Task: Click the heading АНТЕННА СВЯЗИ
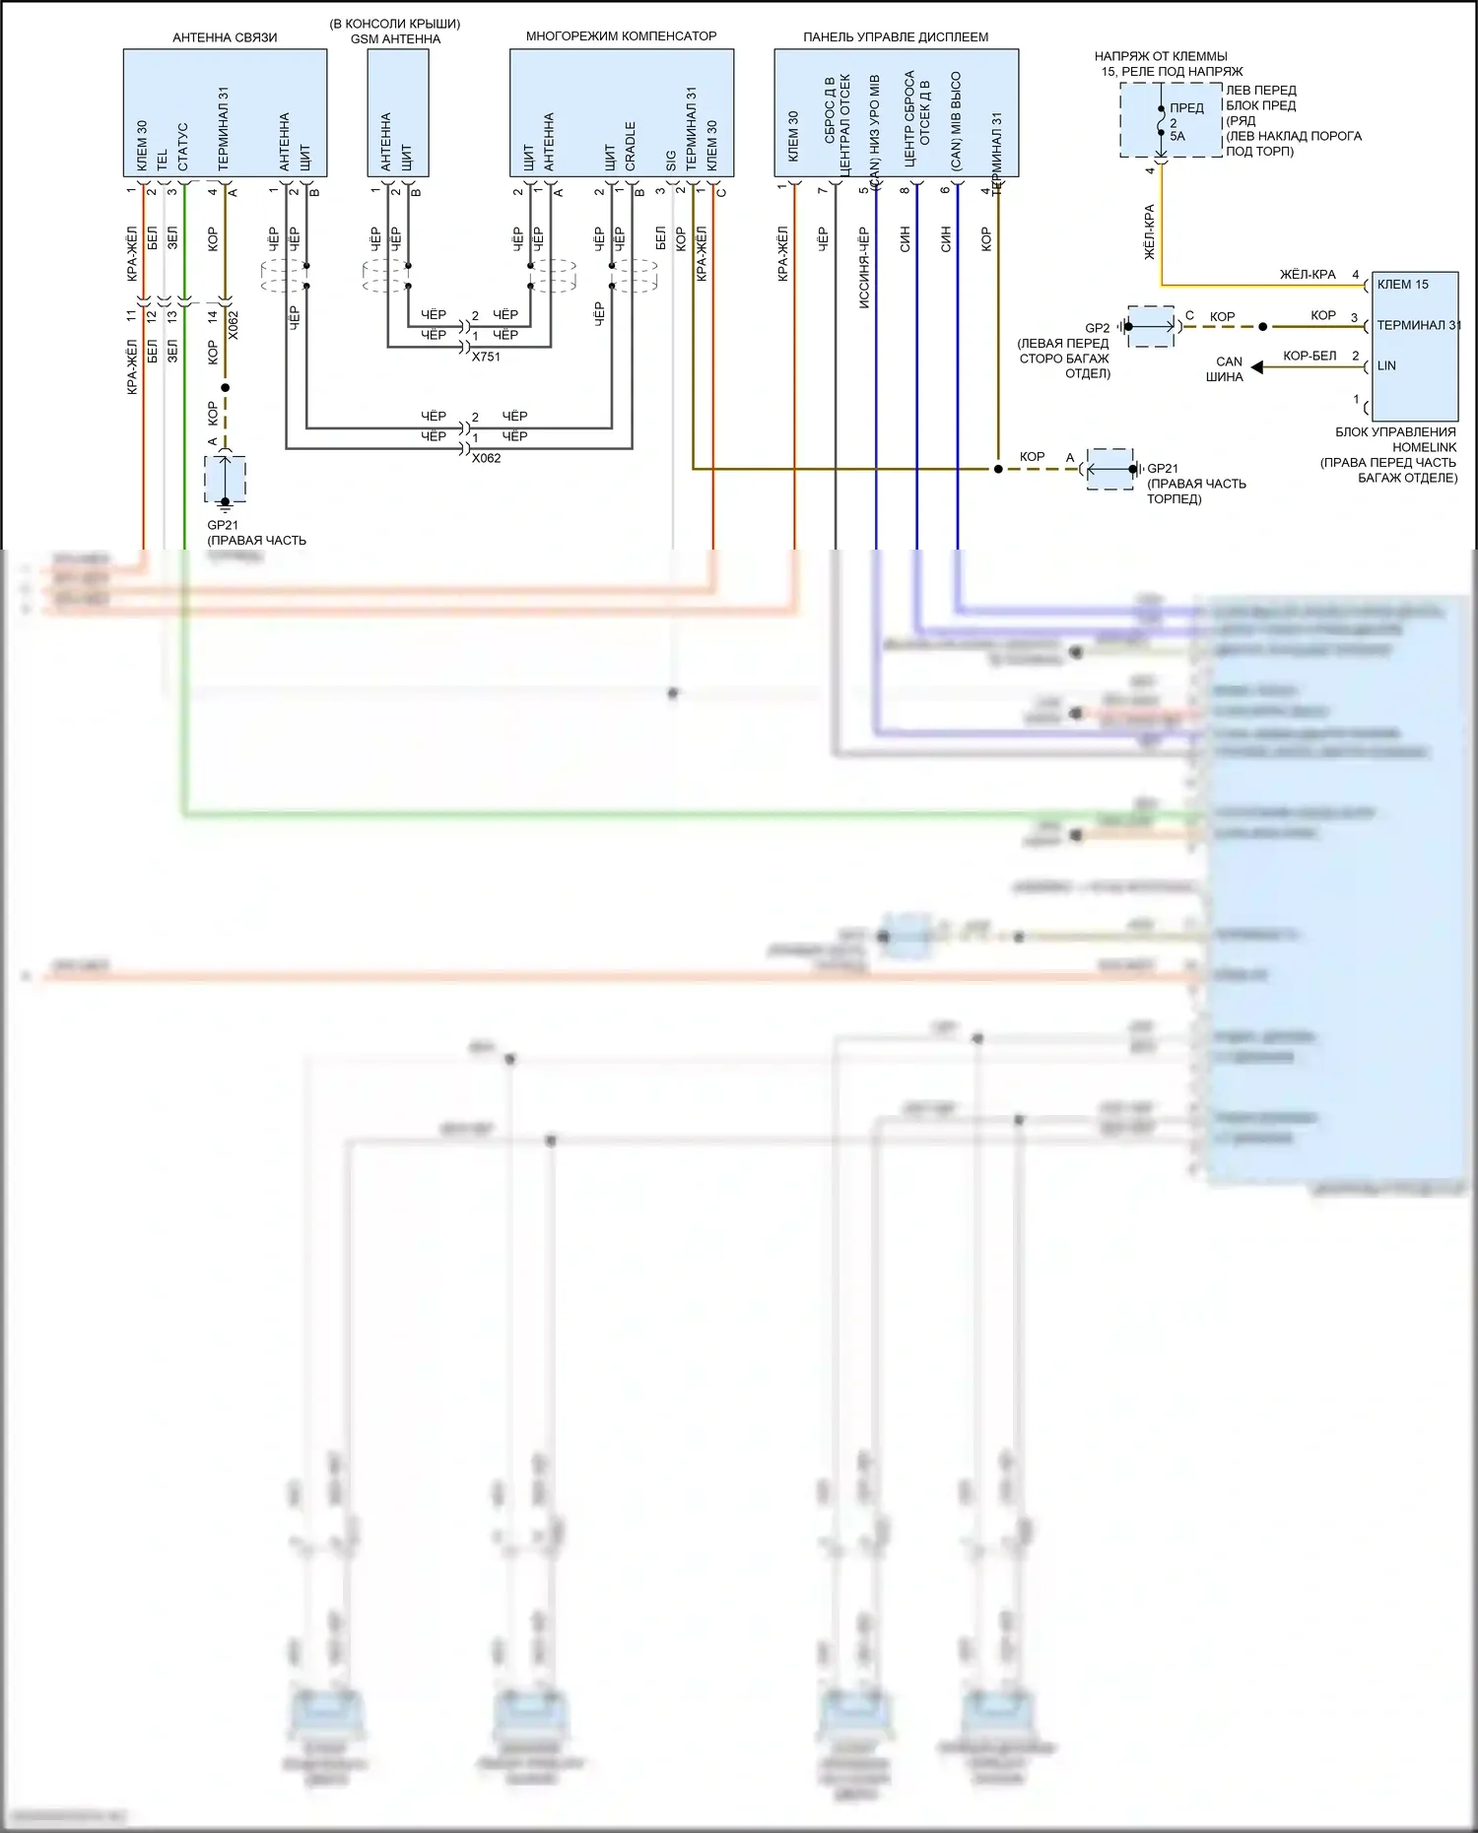[225, 37]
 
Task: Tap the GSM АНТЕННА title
[395, 39]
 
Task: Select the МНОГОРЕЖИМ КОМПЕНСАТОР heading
[621, 36]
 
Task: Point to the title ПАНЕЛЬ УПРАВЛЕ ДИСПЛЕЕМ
[895, 37]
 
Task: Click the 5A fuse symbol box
[1171, 120]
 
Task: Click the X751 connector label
[486, 357]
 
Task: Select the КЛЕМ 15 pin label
[1402, 285]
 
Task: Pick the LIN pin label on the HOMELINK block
[1386, 365]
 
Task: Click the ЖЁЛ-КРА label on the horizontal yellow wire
[1308, 275]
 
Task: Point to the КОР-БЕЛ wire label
[1310, 356]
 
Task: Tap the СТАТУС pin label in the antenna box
[183, 147]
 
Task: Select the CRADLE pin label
[630, 146]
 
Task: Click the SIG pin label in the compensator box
[671, 160]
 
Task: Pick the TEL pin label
[163, 160]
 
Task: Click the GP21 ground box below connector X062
[225, 480]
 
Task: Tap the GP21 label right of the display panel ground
[1163, 469]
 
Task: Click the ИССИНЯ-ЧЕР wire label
[864, 268]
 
